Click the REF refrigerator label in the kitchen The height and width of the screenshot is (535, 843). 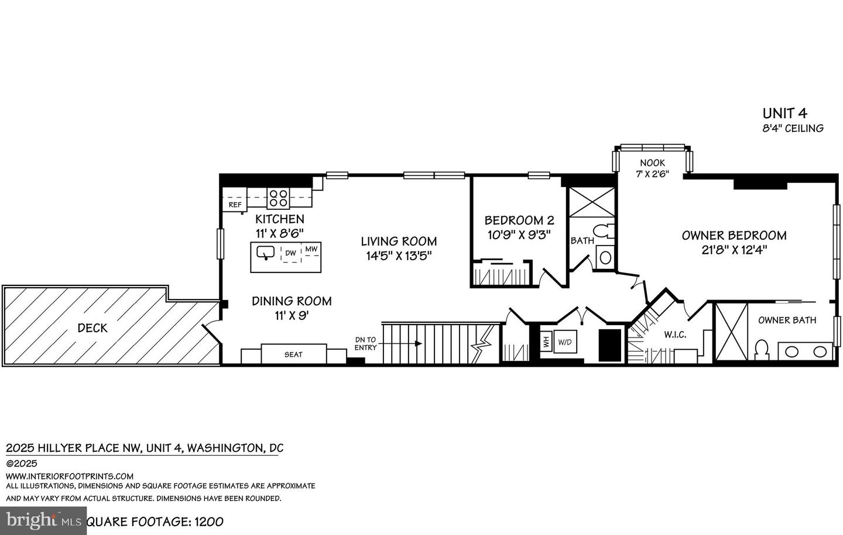235,205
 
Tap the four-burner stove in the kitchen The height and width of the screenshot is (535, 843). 277,197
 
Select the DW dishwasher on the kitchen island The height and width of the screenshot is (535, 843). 290,253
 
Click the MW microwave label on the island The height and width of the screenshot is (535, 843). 311,250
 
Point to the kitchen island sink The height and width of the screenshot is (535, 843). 266,253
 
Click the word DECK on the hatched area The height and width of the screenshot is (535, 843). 92,328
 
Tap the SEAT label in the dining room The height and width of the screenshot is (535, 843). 293,355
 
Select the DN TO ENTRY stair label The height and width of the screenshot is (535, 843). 366,343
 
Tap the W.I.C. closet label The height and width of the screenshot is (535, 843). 675,335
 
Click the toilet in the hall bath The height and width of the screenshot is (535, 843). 603,231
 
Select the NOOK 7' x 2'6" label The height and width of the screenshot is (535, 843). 652,168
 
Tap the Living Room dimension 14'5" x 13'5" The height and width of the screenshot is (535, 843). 398,255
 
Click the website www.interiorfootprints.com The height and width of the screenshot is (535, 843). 70,476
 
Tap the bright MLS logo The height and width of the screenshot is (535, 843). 42,520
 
